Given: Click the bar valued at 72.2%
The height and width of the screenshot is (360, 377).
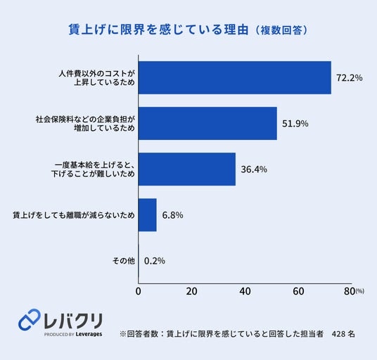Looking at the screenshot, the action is pyautogui.click(x=235, y=77).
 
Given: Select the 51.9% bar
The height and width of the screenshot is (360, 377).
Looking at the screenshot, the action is pyautogui.click(x=207, y=123).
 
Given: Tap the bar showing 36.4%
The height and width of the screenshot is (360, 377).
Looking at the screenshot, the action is pyautogui.click(x=187, y=169).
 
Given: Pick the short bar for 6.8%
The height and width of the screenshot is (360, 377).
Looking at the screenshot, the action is pyautogui.click(x=148, y=215).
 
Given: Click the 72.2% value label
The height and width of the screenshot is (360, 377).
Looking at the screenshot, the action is pyautogui.click(x=349, y=78).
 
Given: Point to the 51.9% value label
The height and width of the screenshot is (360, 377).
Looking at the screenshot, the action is pyautogui.click(x=295, y=124).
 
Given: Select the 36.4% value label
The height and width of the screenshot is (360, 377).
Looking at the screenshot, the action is pyautogui.click(x=254, y=169).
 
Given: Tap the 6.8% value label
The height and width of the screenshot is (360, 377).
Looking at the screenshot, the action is pyautogui.click(x=172, y=215).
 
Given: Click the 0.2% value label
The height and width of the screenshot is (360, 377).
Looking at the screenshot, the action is pyautogui.click(x=155, y=261).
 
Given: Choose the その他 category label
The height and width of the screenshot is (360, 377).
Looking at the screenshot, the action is pyautogui.click(x=124, y=261).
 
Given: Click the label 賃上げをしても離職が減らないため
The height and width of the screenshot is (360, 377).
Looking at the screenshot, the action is pyautogui.click(x=74, y=215).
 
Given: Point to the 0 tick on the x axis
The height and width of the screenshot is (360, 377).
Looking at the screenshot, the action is pyautogui.click(x=139, y=291).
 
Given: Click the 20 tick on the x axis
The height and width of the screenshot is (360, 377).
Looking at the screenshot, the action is pyautogui.click(x=191, y=291).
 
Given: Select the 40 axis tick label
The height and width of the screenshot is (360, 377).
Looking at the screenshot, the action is pyautogui.click(x=245, y=291).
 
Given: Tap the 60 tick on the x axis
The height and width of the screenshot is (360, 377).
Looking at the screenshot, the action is pyautogui.click(x=298, y=291).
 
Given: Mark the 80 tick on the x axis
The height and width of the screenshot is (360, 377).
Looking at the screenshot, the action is pyautogui.click(x=350, y=291).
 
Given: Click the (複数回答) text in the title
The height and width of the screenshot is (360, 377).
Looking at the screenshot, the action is pyautogui.click(x=281, y=30).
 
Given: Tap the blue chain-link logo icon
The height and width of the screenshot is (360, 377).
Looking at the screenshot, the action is pyautogui.click(x=30, y=319).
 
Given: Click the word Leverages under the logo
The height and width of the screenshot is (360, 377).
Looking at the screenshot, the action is pyautogui.click(x=89, y=334).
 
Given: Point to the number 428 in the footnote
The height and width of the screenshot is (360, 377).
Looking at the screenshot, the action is pyautogui.click(x=338, y=334).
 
